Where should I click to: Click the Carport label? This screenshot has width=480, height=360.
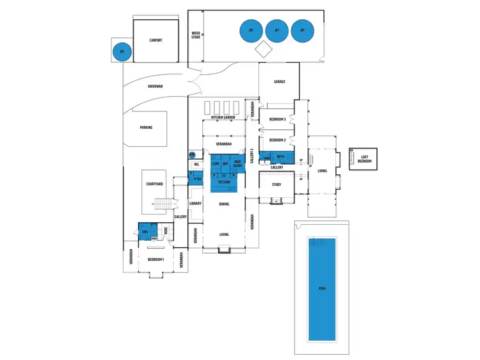tap(156, 40)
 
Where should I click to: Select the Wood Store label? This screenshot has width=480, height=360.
tap(196, 35)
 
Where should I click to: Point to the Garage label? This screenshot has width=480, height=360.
tap(279, 82)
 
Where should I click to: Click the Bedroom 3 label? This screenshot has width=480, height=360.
tap(277, 120)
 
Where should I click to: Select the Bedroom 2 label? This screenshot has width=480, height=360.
tap(277, 140)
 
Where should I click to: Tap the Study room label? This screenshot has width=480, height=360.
tap(277, 184)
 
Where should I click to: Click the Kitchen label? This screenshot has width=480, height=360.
tap(224, 183)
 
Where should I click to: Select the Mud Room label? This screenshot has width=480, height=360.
tap(237, 164)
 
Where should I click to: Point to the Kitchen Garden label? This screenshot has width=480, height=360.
tap(224, 119)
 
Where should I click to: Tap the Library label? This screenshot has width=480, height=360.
tap(195, 204)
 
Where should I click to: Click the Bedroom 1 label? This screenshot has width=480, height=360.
tap(156, 259)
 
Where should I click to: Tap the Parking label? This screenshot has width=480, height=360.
tap(146, 127)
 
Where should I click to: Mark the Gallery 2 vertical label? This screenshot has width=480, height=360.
tap(252, 156)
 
